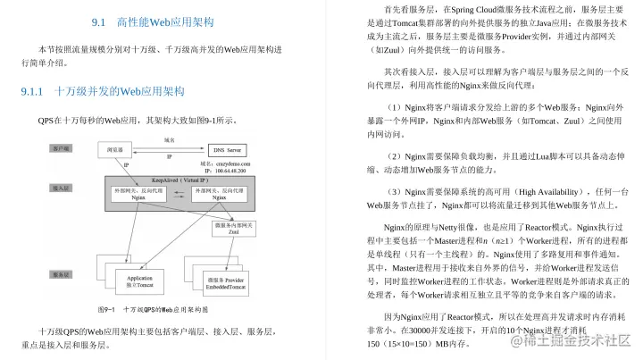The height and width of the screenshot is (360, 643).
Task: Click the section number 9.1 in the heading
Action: click(x=99, y=21)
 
